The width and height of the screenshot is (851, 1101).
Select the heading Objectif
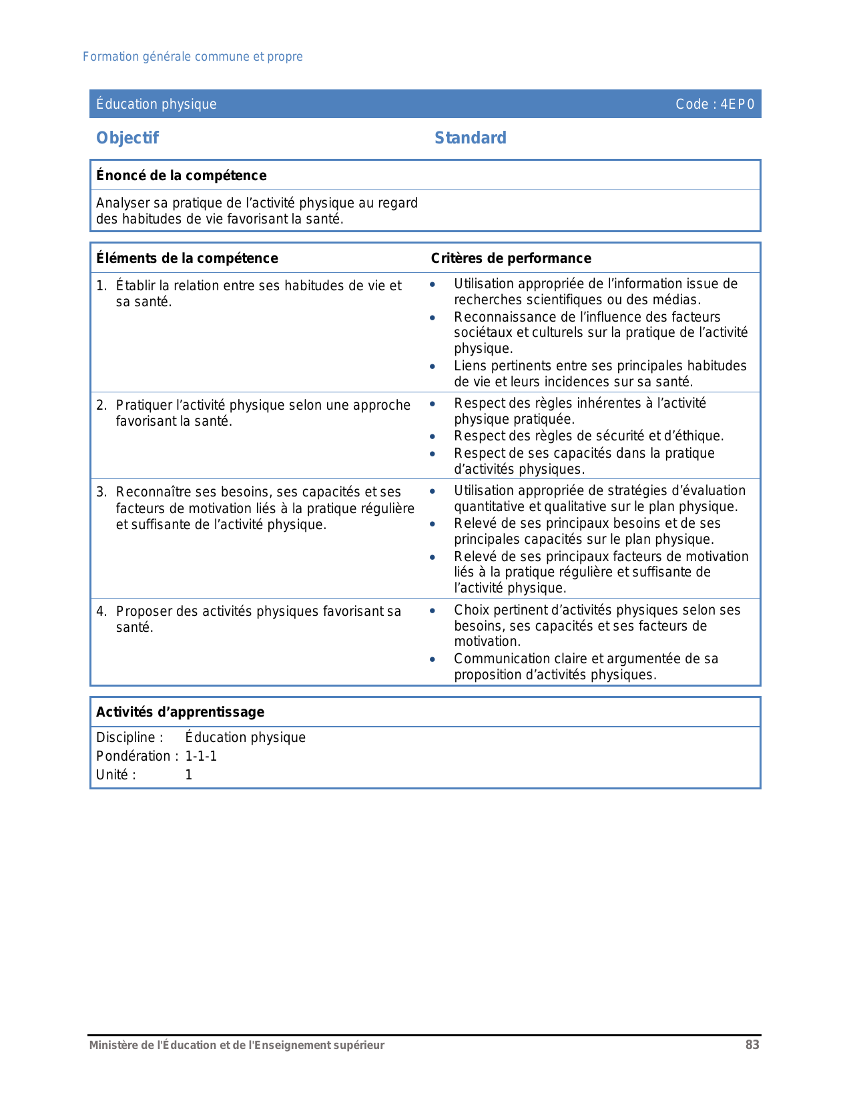[x=127, y=138]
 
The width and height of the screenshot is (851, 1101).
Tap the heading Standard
[x=470, y=138]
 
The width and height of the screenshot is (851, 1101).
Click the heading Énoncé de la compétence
[x=181, y=175]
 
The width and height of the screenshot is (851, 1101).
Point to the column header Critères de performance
[x=511, y=258]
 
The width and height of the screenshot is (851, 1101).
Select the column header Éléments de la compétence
[x=187, y=258]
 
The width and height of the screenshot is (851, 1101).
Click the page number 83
[x=752, y=1045]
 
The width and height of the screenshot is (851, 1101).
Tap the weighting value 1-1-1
[x=201, y=756]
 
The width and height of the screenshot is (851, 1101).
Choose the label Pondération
[x=134, y=756]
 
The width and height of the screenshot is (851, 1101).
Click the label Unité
[x=115, y=775]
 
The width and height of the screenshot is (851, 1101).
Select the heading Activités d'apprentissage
[x=180, y=712]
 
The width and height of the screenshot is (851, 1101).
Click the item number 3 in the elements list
[x=101, y=492]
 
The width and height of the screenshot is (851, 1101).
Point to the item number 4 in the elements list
[x=101, y=611]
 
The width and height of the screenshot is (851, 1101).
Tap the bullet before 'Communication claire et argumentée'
[x=433, y=659]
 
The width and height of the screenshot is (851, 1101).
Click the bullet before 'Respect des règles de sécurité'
[x=433, y=436]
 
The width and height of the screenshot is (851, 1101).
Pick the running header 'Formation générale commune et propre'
[x=192, y=57]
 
